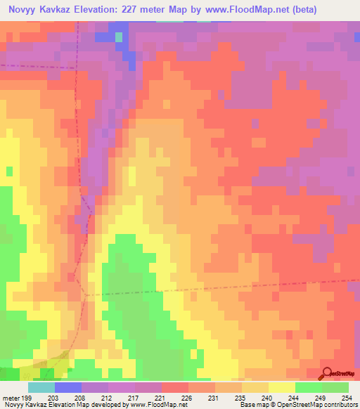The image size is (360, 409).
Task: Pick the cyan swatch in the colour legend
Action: pos(41,387)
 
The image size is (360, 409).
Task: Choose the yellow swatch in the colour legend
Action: pos(281,387)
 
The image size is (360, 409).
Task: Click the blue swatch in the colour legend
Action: pos(68,387)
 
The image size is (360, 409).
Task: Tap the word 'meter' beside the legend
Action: pos(12,397)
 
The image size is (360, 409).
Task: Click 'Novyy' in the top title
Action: pos(22,9)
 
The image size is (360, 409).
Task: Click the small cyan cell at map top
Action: pos(119,36)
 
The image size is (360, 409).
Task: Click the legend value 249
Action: pos(321,397)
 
